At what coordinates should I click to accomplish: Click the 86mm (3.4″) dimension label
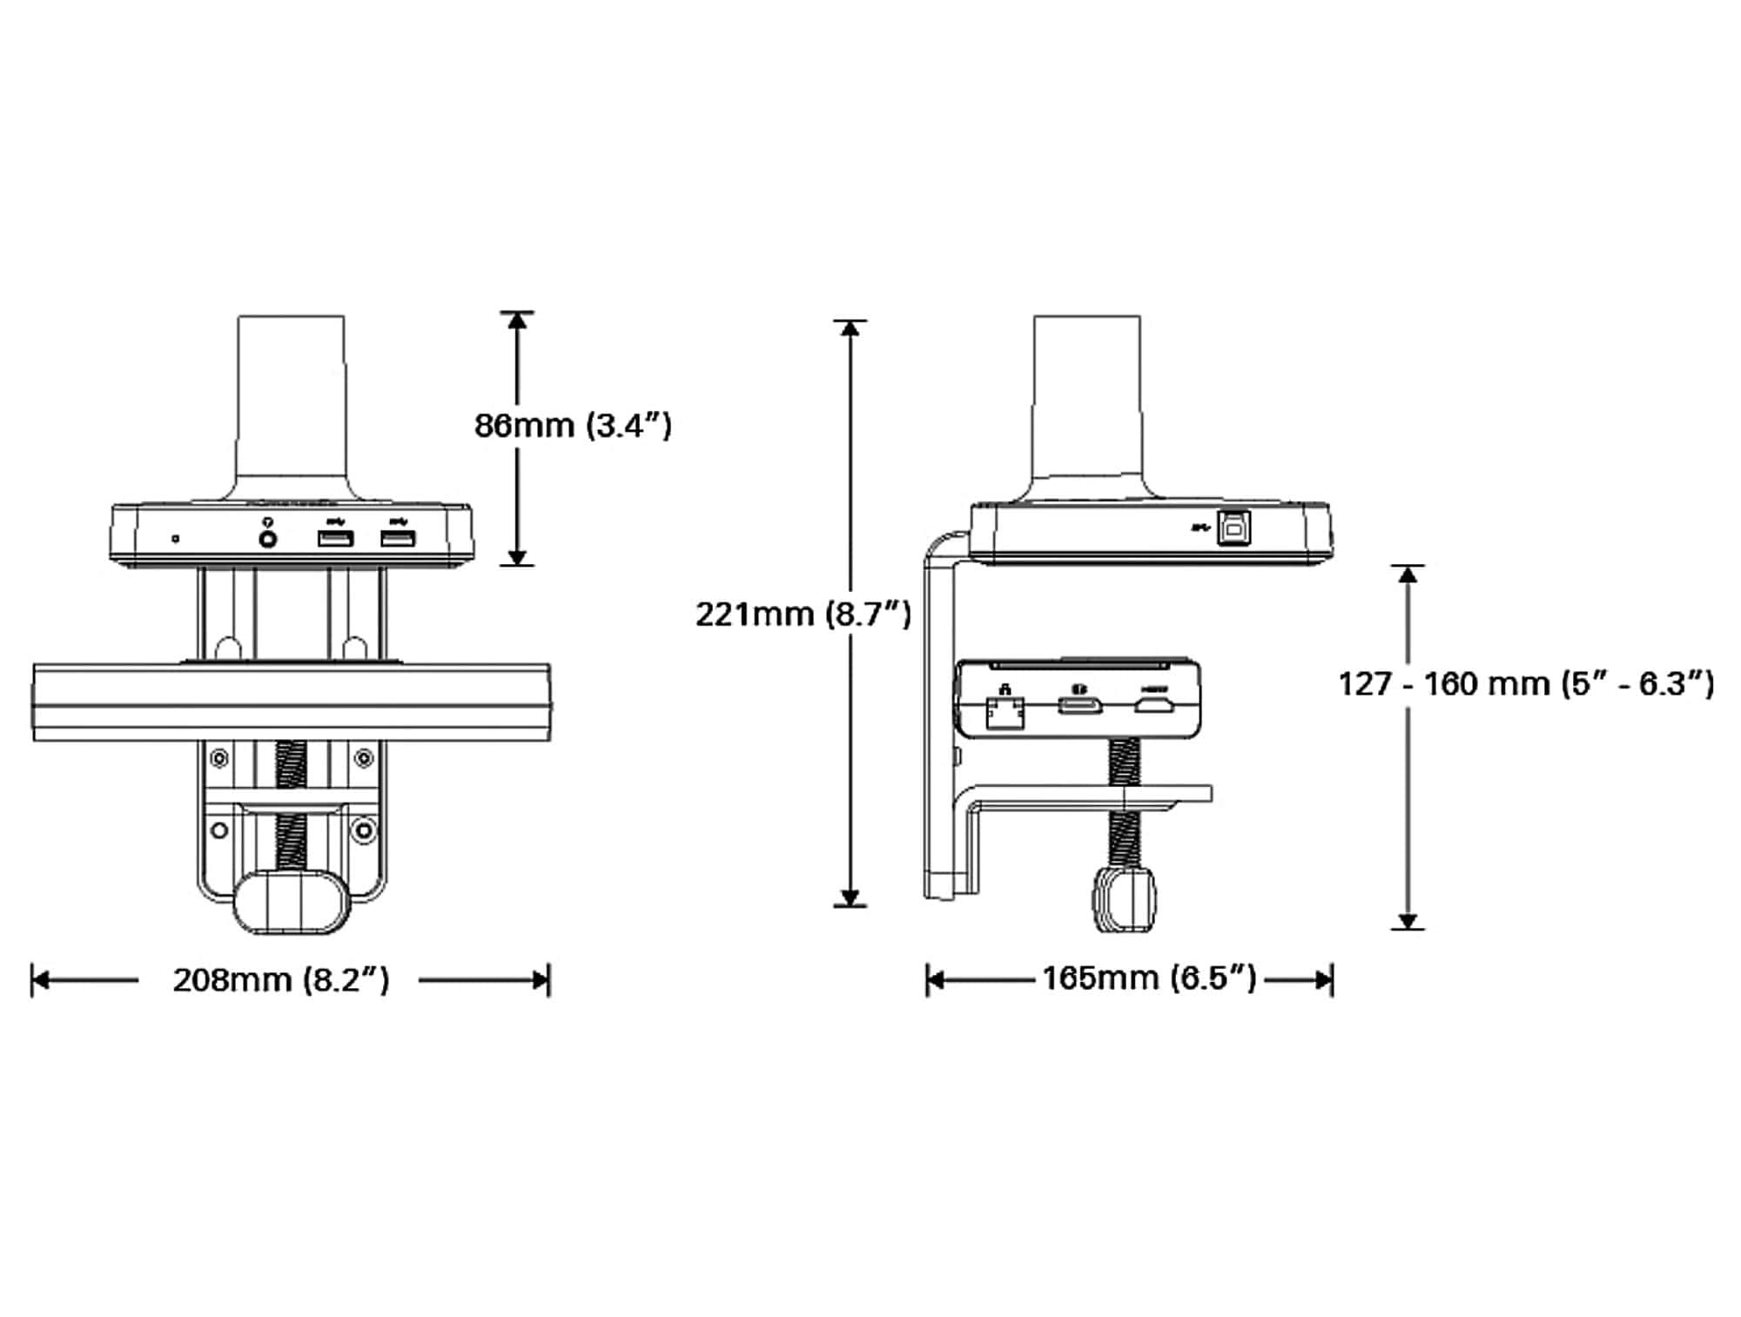coord(573,426)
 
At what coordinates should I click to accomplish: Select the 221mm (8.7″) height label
coord(803,615)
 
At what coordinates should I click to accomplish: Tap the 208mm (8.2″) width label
coord(280,980)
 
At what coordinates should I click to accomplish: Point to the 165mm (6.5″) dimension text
coord(1149,978)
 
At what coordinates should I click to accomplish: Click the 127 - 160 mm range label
coord(1525,683)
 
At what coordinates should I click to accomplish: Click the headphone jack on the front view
coord(268,539)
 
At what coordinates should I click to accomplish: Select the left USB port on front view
coord(335,539)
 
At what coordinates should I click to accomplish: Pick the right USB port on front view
coord(398,539)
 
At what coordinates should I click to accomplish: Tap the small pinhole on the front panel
coord(176,539)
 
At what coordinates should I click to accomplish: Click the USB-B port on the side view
coord(1233,528)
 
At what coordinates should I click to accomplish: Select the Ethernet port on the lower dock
coord(1005,713)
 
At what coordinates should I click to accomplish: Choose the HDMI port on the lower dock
coord(1153,704)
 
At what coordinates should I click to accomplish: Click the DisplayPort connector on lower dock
coord(1079,704)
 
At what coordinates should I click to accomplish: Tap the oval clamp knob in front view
coord(291,902)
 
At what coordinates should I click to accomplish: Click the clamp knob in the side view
coord(1125,899)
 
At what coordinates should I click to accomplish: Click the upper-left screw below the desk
coord(219,759)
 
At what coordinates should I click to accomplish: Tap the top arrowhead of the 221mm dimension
coord(850,328)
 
